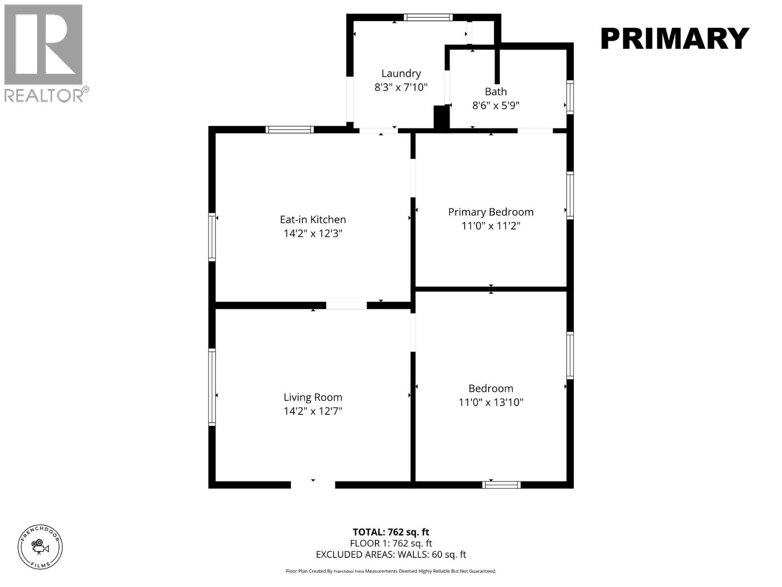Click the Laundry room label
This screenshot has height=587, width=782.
401,73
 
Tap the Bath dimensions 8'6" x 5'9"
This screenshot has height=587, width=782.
495,106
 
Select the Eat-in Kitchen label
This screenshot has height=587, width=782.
313,220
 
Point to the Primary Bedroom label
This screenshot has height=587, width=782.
491,212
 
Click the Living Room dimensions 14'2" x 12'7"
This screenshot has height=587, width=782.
313,411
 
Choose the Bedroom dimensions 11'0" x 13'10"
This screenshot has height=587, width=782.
491,402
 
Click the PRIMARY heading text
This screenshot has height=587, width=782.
674,39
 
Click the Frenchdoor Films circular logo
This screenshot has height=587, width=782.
40,546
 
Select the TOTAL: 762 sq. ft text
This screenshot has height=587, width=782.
391,532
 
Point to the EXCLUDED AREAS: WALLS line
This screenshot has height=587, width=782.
391,555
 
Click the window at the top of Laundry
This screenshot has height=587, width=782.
428,18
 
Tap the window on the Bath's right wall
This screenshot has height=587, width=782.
570,97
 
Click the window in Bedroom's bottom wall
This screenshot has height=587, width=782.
501,485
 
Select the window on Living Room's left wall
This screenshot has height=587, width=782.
212,386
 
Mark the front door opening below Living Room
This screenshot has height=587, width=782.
313,484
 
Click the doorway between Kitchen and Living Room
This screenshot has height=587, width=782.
346,305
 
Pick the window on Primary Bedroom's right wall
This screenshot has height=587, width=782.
570,195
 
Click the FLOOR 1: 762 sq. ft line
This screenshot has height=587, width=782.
391,543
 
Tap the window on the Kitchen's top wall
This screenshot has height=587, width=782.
289,130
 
